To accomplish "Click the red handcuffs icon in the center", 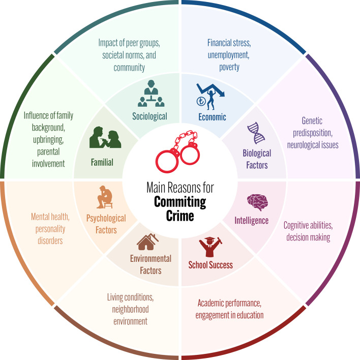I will click(179, 151).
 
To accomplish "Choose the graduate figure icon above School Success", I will click(209, 246).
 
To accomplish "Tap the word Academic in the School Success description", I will click(212, 304).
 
